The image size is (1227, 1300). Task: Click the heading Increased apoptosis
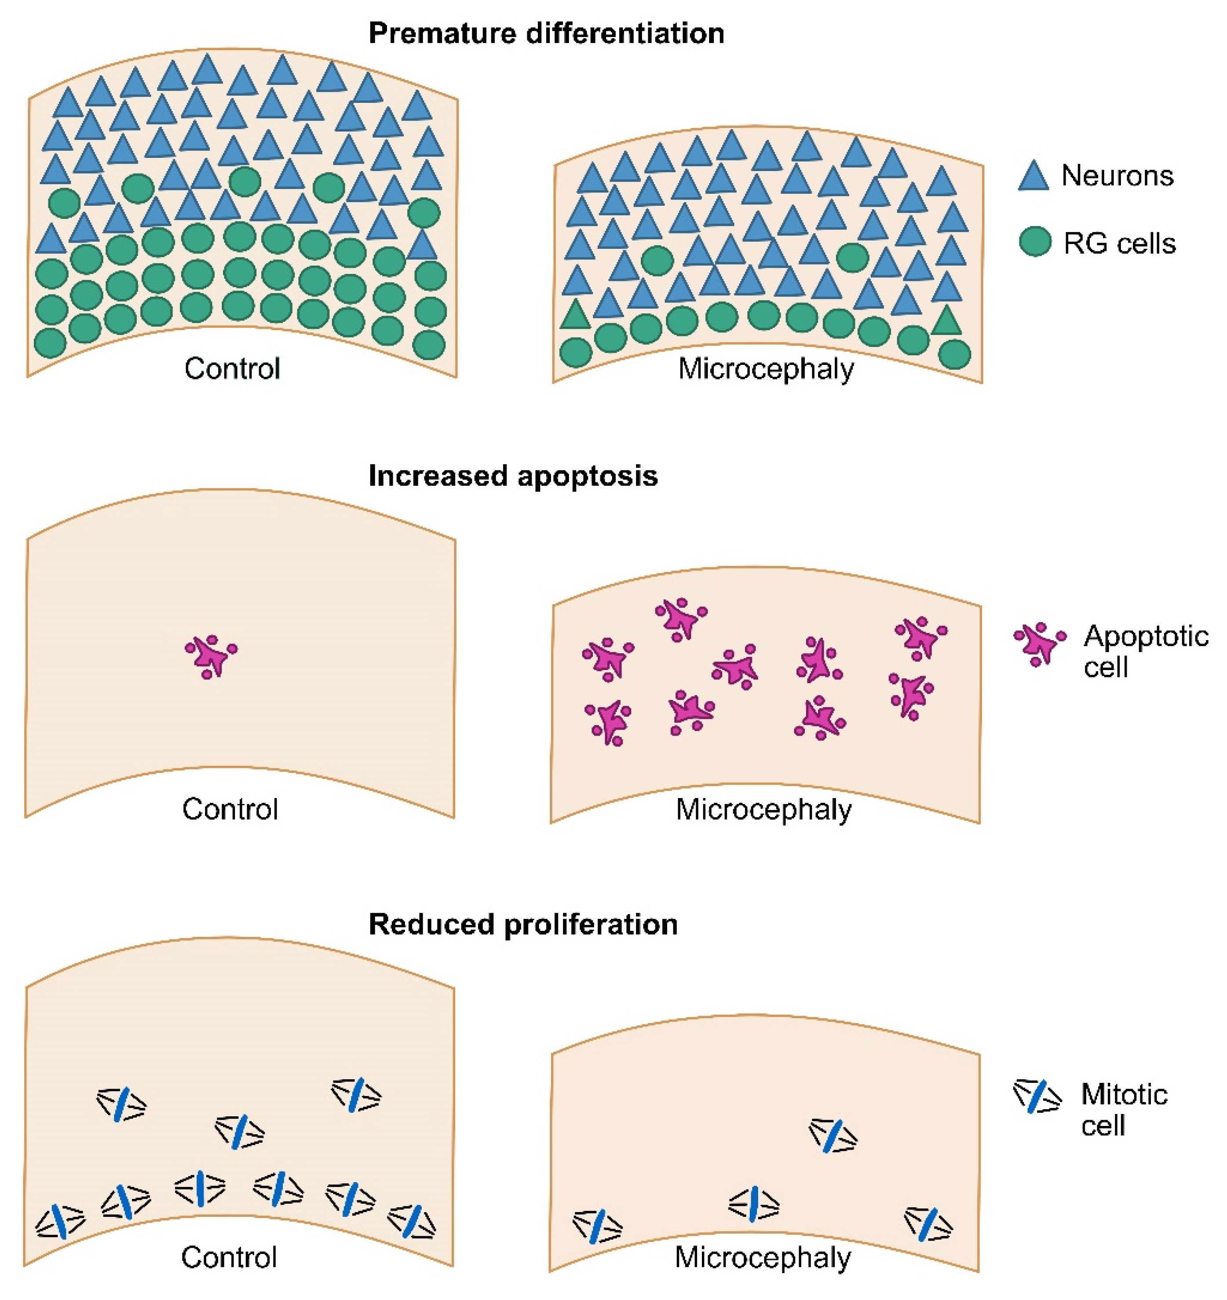click(x=513, y=476)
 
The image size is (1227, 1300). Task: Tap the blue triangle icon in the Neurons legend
click(x=1033, y=177)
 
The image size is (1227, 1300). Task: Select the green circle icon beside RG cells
click(x=1035, y=242)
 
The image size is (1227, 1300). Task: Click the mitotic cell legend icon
click(x=1037, y=1096)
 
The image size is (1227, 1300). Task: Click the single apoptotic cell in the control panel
click(x=211, y=655)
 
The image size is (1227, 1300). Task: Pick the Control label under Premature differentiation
click(x=232, y=368)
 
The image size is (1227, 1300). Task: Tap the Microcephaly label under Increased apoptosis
click(x=763, y=809)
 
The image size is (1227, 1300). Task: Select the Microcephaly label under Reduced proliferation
click(x=763, y=1257)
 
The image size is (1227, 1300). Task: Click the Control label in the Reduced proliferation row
click(x=229, y=1257)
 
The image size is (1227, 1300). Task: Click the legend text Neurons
click(x=1117, y=176)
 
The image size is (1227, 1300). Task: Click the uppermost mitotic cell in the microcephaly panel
click(x=833, y=1135)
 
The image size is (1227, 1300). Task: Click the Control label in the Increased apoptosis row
click(x=230, y=809)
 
